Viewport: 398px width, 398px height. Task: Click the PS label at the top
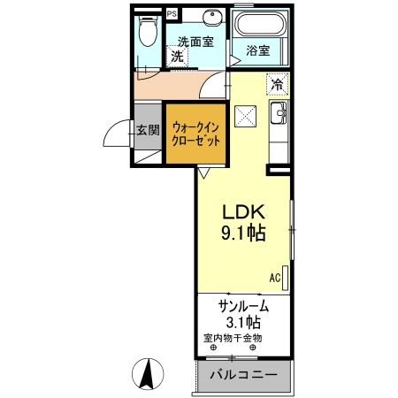pos(171,14)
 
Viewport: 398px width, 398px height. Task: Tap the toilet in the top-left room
pos(149,34)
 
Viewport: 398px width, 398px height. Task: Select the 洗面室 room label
pos(195,41)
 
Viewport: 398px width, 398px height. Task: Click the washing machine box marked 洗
pos(177,56)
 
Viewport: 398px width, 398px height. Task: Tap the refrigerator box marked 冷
pos(278,85)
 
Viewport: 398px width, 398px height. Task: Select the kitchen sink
pos(278,114)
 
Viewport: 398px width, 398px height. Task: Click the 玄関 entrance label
pos(148,130)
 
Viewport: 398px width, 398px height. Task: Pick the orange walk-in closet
pos(195,134)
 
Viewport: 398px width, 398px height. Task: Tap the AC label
pos(275,278)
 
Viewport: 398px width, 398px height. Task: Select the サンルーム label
pos(243,306)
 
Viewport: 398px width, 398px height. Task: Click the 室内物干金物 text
pos(233,339)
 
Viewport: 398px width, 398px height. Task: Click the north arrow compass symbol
pos(149,373)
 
